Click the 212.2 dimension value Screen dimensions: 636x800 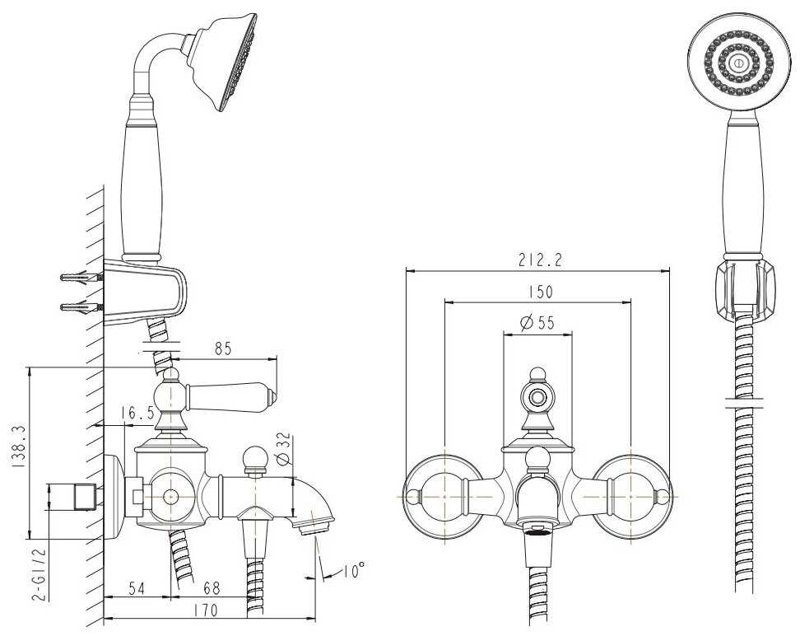[538, 261]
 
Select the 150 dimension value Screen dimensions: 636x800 [537, 292]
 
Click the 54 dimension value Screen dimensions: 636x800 [136, 590]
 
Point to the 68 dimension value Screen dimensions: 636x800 [211, 590]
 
